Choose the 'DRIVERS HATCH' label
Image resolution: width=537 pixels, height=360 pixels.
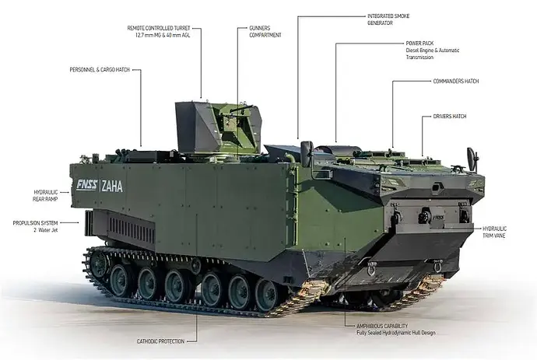click(x=447, y=117)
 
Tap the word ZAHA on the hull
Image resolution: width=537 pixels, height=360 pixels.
click(x=112, y=185)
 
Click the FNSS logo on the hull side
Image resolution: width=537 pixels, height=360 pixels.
click(x=88, y=185)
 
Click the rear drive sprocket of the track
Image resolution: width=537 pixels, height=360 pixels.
click(x=98, y=264)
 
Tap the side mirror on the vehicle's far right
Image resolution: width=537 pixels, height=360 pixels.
click(x=472, y=158)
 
